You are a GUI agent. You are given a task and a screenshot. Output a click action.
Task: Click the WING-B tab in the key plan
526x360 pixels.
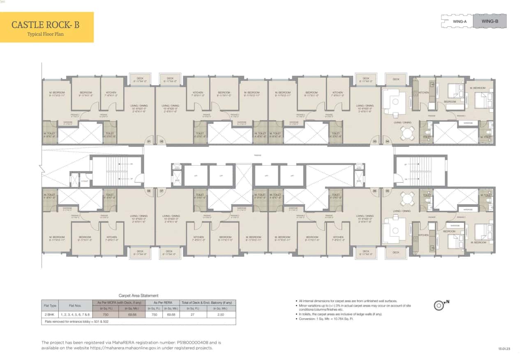click(490, 21)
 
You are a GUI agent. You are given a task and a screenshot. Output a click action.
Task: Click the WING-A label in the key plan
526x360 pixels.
click(459, 21)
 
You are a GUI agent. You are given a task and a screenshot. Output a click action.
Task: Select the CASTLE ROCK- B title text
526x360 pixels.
click(45, 25)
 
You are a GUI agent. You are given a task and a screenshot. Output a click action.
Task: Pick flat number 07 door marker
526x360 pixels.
click(161, 191)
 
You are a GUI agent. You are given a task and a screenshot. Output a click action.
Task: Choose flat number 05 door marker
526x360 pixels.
click(388, 191)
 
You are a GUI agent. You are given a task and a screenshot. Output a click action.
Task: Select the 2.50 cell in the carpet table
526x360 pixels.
click(221, 314)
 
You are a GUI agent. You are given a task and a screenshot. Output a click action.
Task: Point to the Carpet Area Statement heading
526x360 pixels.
click(138, 295)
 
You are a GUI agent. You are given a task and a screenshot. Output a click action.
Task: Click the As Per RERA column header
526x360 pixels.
click(164, 302)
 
